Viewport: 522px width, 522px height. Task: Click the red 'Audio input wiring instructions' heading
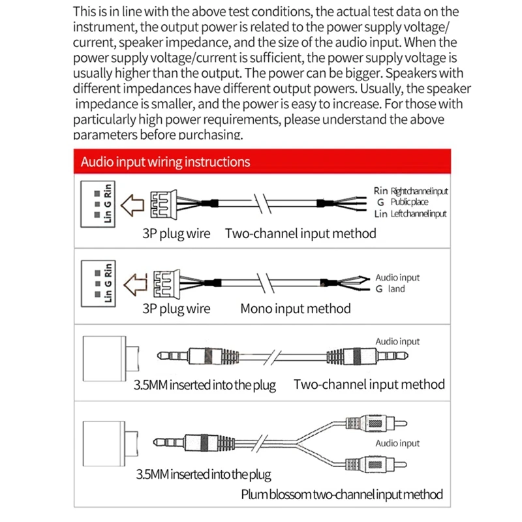pyautogui.click(x=165, y=162)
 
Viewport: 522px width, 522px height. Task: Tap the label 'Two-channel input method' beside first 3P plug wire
pyautogui.click(x=301, y=233)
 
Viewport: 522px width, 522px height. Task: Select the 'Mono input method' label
pyautogui.click(x=295, y=309)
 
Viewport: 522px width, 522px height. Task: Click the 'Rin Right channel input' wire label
pyautogui.click(x=411, y=191)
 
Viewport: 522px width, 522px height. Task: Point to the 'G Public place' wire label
pyautogui.click(x=405, y=202)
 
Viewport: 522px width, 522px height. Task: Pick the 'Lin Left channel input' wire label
pyautogui.click(x=410, y=213)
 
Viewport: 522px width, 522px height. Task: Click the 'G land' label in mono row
pyautogui.click(x=390, y=289)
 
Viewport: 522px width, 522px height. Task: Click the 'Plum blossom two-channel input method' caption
pyautogui.click(x=342, y=494)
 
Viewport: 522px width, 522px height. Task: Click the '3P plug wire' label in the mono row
pyautogui.click(x=176, y=309)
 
